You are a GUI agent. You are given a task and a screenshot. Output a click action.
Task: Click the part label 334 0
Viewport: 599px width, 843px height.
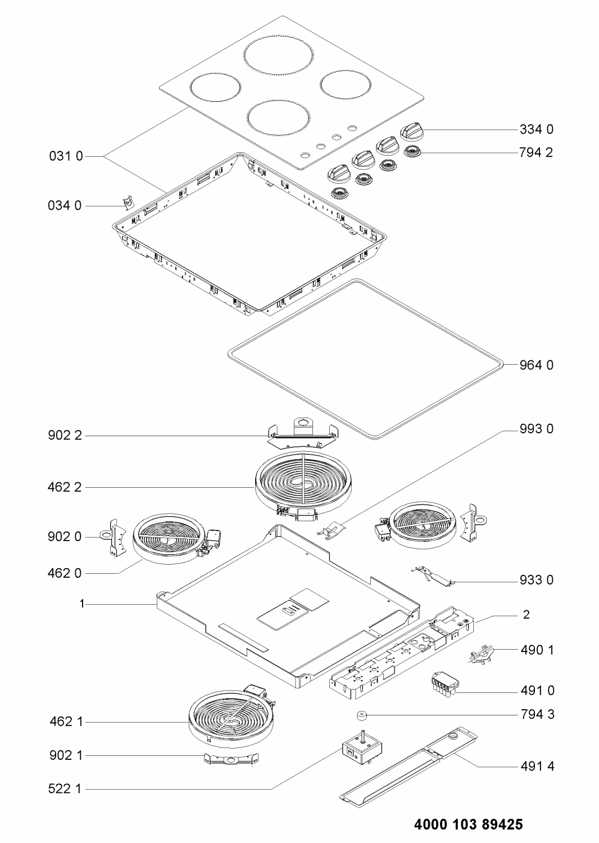[x=537, y=129]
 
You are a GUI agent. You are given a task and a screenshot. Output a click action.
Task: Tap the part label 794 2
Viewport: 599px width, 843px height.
[x=536, y=152]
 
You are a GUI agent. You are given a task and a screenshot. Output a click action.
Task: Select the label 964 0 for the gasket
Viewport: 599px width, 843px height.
[x=537, y=365]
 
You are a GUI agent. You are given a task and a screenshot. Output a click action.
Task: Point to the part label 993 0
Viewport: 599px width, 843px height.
[x=537, y=429]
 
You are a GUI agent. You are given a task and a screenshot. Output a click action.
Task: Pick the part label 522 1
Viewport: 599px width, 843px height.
[x=65, y=778]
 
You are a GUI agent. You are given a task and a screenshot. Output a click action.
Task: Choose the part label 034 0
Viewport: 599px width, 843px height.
[x=65, y=206]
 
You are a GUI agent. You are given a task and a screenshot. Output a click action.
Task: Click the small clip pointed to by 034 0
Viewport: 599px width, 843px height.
[x=129, y=202]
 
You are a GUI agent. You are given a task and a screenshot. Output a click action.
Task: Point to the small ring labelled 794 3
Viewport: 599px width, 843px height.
[x=362, y=715]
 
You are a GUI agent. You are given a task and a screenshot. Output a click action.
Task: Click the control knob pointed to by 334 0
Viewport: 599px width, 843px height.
[x=411, y=130]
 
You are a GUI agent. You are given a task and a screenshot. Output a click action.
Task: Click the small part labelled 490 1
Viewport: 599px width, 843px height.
[x=482, y=655]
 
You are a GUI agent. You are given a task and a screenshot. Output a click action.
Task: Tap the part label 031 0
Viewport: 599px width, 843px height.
[x=66, y=156]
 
